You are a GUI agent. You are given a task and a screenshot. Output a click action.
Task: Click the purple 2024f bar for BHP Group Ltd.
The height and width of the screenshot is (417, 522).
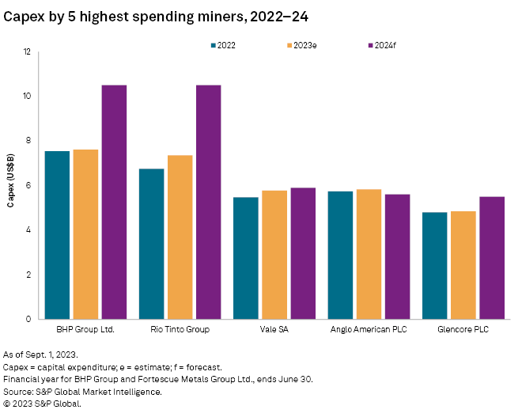point(114,202)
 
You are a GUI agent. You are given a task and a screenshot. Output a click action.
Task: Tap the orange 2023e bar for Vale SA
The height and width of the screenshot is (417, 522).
point(274,255)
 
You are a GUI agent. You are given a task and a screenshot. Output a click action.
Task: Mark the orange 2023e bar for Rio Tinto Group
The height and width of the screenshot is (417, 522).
point(180,237)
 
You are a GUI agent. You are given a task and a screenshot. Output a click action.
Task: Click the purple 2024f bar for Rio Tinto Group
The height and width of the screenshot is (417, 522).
point(208,202)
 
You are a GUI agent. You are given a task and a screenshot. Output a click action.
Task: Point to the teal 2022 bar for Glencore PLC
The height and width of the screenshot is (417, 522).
point(435,266)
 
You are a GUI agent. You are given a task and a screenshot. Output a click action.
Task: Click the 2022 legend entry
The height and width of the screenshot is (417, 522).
point(224,45)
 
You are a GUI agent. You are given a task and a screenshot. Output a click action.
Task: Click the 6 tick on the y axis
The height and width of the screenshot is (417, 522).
point(28,186)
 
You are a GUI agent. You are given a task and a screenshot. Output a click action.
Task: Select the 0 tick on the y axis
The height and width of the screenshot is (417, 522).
point(28,320)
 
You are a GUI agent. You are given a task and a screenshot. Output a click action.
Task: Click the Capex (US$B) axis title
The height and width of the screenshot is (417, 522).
point(10,185)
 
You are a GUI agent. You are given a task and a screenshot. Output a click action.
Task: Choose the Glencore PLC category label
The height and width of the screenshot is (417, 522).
point(463,329)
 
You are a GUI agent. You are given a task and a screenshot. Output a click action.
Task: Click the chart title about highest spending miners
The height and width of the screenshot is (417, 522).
point(137,13)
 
